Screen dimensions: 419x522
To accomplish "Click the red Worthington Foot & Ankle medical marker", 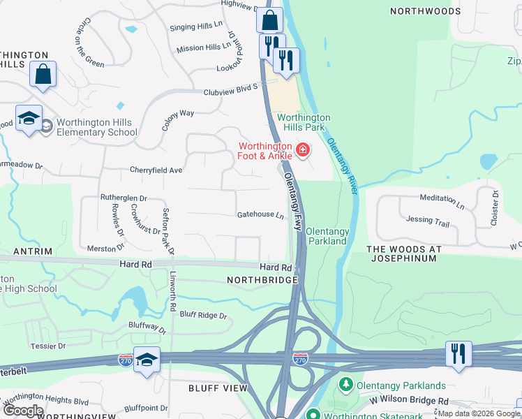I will point(302,149).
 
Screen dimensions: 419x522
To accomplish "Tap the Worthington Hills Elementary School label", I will point(96,128).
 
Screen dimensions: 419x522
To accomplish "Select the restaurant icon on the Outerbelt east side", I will point(458,353).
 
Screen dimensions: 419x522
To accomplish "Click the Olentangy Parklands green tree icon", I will point(345,385).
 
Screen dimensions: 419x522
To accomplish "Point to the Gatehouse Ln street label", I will point(261,215).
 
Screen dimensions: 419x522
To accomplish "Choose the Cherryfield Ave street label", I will point(156,170).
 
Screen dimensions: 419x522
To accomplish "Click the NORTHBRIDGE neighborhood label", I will point(262,279).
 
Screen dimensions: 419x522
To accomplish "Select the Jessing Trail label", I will point(428,221).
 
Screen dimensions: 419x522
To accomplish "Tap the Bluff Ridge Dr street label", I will point(203,316).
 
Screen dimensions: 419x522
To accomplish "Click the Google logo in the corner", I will point(24,411).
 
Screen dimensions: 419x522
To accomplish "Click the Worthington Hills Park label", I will point(304,123).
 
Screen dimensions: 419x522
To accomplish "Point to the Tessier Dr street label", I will point(48,345).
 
